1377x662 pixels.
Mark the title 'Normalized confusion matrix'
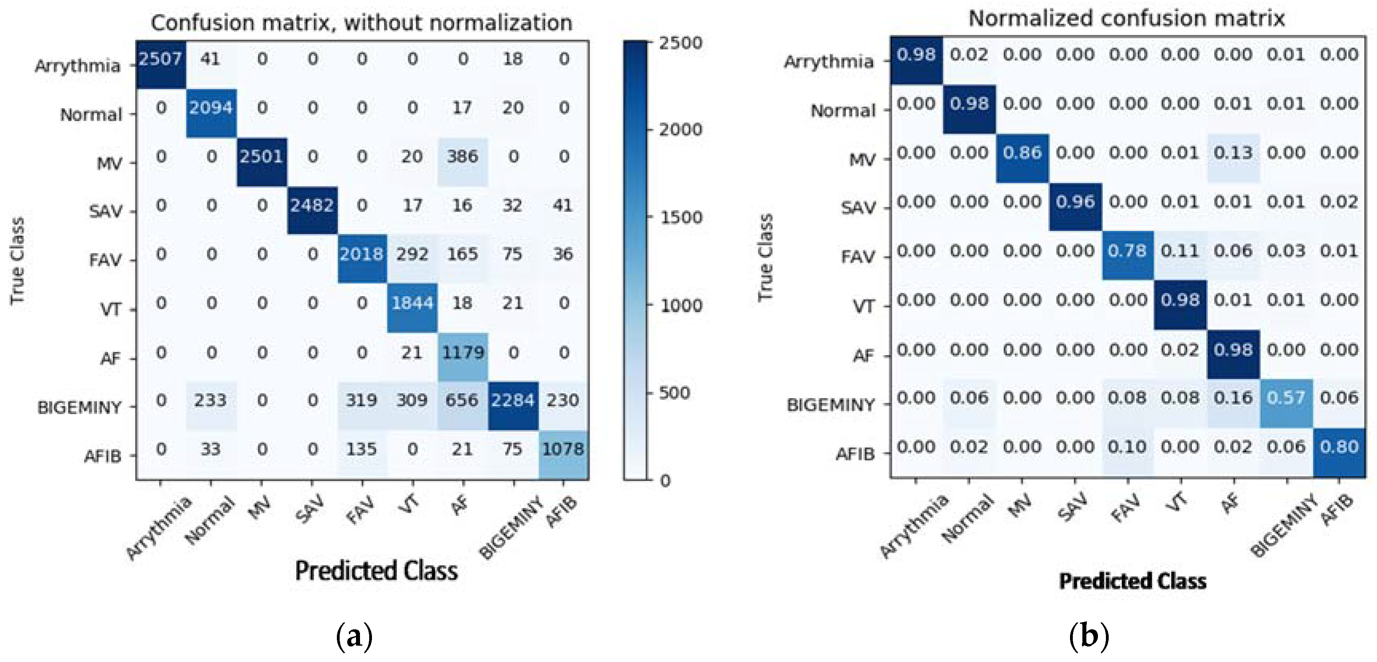click(x=1127, y=19)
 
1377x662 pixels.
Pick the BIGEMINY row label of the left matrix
click(x=80, y=408)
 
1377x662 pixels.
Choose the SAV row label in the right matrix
click(x=858, y=207)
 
